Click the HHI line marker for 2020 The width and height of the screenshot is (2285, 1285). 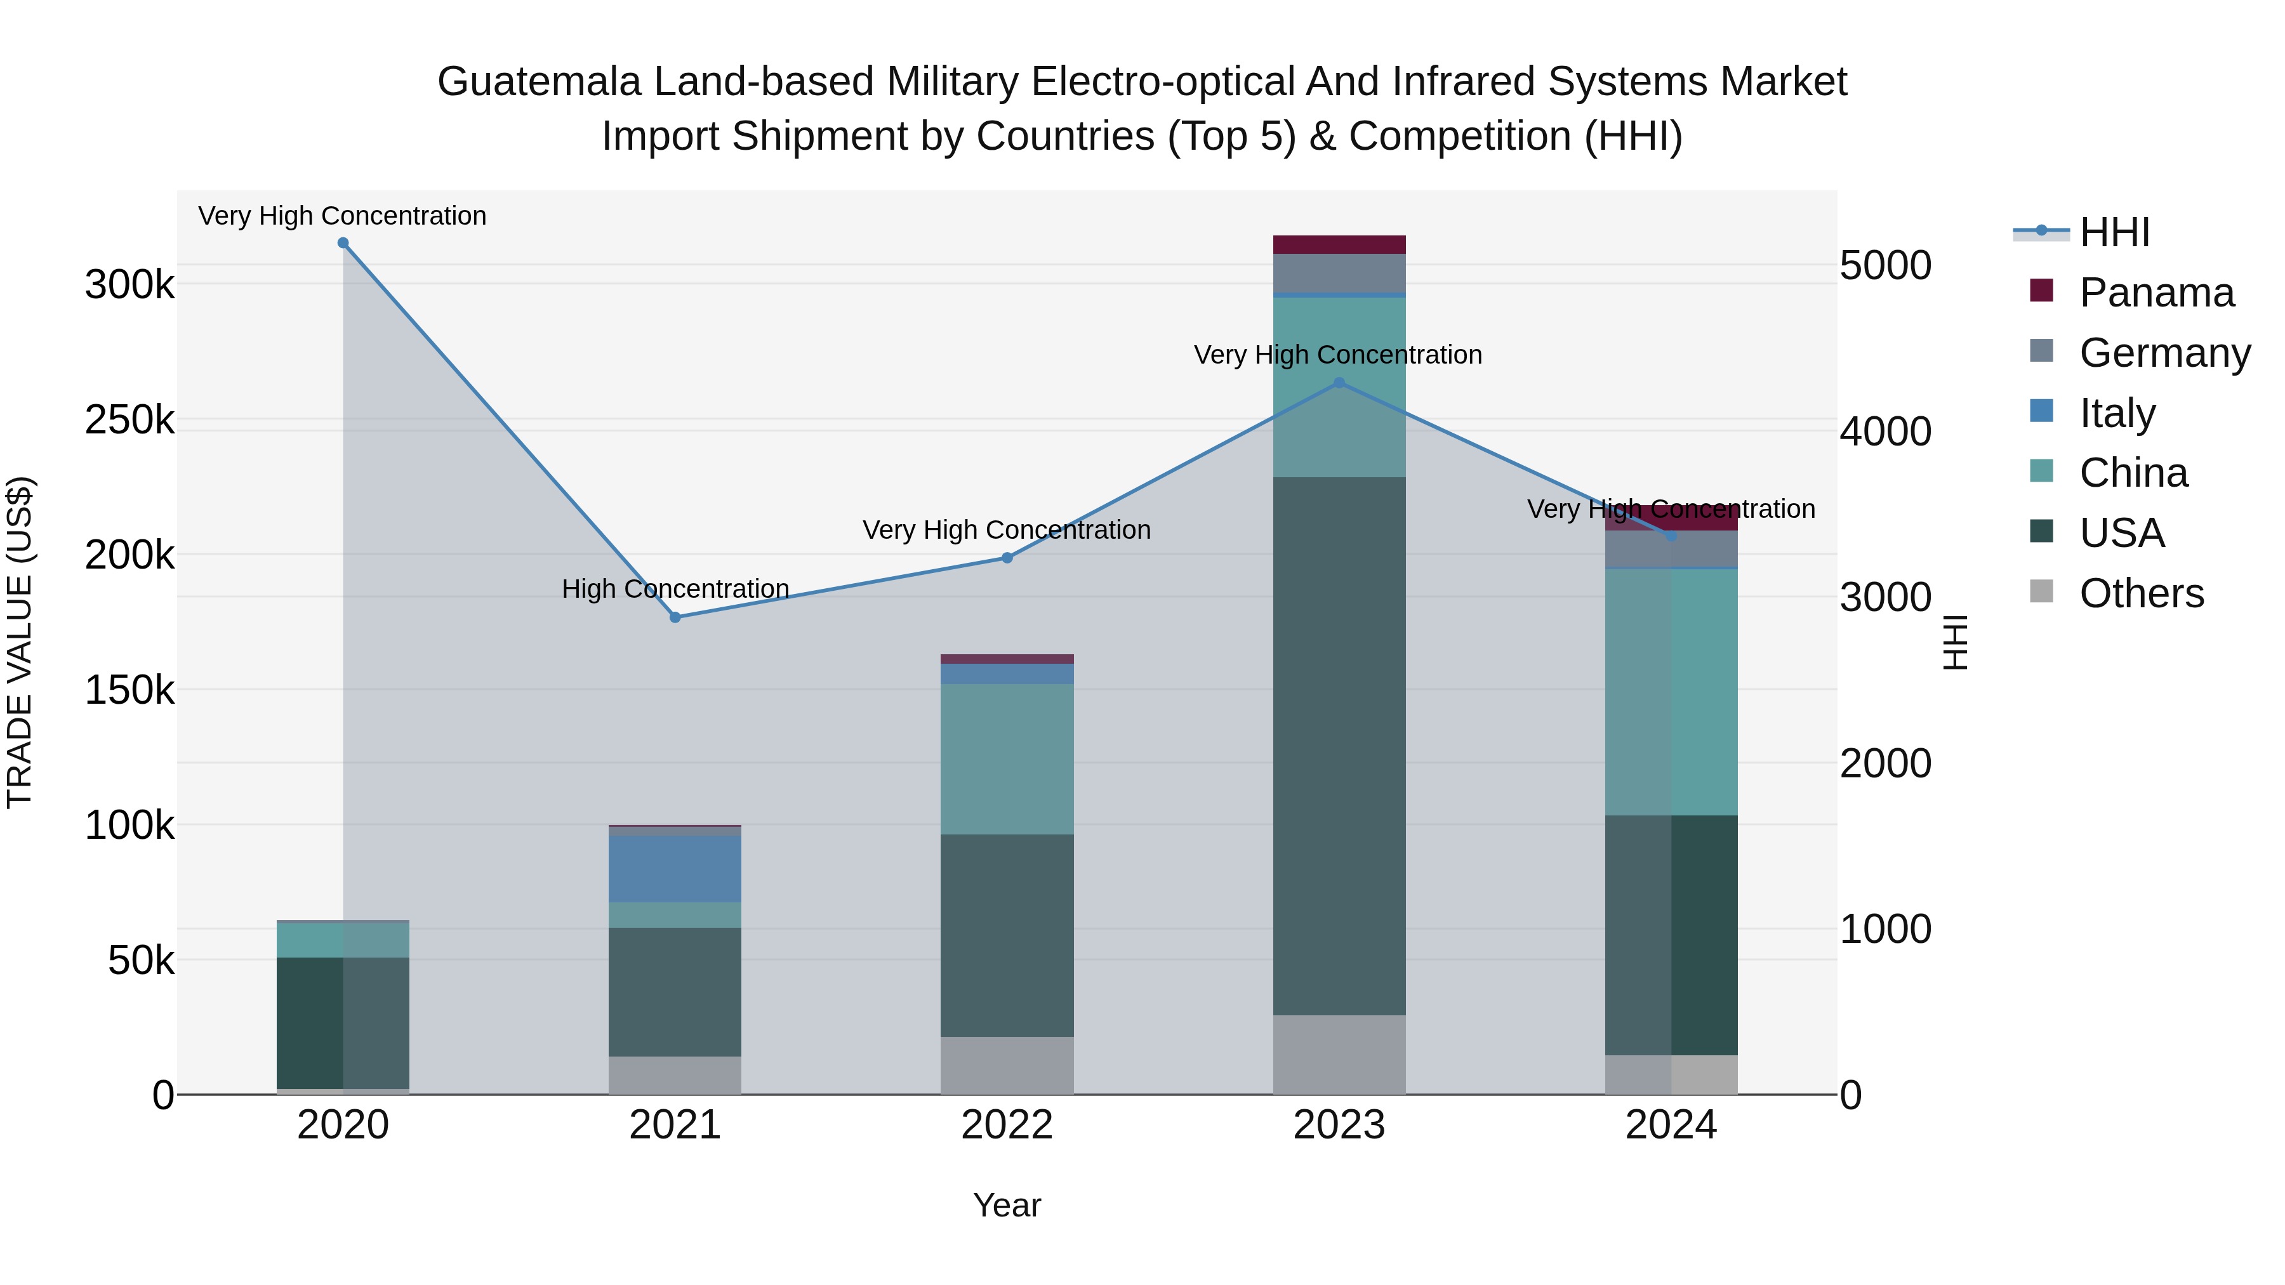[343, 243]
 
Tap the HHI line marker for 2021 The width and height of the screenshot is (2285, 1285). [675, 617]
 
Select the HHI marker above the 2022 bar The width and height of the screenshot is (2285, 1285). [1007, 558]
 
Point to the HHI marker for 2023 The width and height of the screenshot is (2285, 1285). [1339, 383]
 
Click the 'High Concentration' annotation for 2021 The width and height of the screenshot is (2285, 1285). [675, 589]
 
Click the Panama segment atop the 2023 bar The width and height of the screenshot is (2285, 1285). [1339, 245]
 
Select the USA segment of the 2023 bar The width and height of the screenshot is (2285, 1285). [1339, 745]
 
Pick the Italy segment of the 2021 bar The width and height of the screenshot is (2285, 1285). [675, 869]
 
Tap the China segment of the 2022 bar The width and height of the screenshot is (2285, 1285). [1007, 759]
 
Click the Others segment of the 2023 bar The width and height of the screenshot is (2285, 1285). [1339, 1055]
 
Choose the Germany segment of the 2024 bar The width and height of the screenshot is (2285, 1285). [1671, 550]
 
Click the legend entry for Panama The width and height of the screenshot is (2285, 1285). [2156, 293]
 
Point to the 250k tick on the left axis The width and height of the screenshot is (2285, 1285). [129, 420]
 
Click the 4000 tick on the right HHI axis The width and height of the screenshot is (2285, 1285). [1886, 432]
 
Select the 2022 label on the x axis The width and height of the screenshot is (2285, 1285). [1007, 1125]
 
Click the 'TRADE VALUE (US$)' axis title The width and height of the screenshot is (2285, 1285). [20, 642]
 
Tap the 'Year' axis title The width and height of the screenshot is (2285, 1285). [1007, 1205]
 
